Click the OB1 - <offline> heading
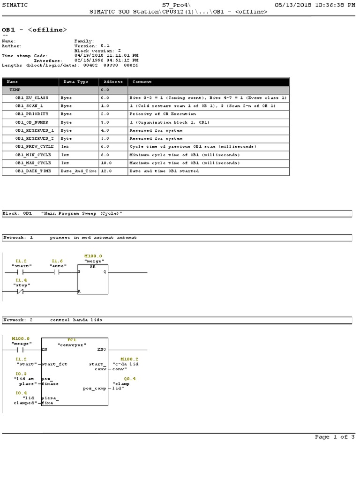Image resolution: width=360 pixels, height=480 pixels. click(34, 30)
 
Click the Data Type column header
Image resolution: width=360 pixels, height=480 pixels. click(75, 82)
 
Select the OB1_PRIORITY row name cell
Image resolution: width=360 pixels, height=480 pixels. click(30, 114)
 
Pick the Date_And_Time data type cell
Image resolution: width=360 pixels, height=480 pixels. click(78, 171)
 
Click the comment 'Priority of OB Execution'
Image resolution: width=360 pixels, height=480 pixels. click(163, 114)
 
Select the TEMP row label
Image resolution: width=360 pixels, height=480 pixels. click(15, 89)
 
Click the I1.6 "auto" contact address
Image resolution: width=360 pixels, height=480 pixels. click(57, 261)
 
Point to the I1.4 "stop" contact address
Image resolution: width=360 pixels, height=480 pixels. click(21, 280)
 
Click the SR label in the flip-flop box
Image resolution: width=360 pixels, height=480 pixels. click(93, 266)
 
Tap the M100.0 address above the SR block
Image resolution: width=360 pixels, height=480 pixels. click(93, 256)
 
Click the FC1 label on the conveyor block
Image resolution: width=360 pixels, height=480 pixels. click(72, 339)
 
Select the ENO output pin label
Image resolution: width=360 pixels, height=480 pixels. click(102, 349)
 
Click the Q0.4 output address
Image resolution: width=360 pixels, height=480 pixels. click(130, 378)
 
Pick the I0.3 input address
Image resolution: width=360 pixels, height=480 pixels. click(21, 374)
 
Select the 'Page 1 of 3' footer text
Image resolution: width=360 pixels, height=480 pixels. click(335, 437)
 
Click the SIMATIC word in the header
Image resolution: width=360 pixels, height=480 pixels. click(15, 5)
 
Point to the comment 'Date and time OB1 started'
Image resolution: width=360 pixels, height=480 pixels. click(164, 171)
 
